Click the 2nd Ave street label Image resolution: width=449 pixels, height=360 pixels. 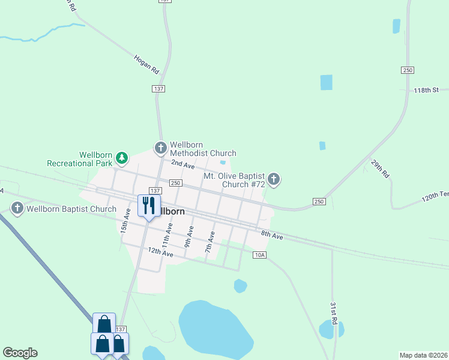coord(182,164)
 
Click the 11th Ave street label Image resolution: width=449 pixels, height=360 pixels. coord(169,232)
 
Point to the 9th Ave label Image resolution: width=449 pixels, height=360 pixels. coord(189,236)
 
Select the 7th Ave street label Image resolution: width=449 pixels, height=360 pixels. coord(210,241)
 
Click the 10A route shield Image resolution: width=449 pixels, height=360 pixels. coord(259,255)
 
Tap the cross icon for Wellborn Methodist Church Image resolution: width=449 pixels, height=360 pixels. coord(160,147)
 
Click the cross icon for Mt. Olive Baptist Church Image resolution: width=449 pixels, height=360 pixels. coord(274,178)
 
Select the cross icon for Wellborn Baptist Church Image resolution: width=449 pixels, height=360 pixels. coord(17,209)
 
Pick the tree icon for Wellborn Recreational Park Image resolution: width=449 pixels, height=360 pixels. coord(122,158)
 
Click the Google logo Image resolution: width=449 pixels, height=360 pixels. coord(20,353)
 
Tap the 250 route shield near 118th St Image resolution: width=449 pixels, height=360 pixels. coord(408,70)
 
